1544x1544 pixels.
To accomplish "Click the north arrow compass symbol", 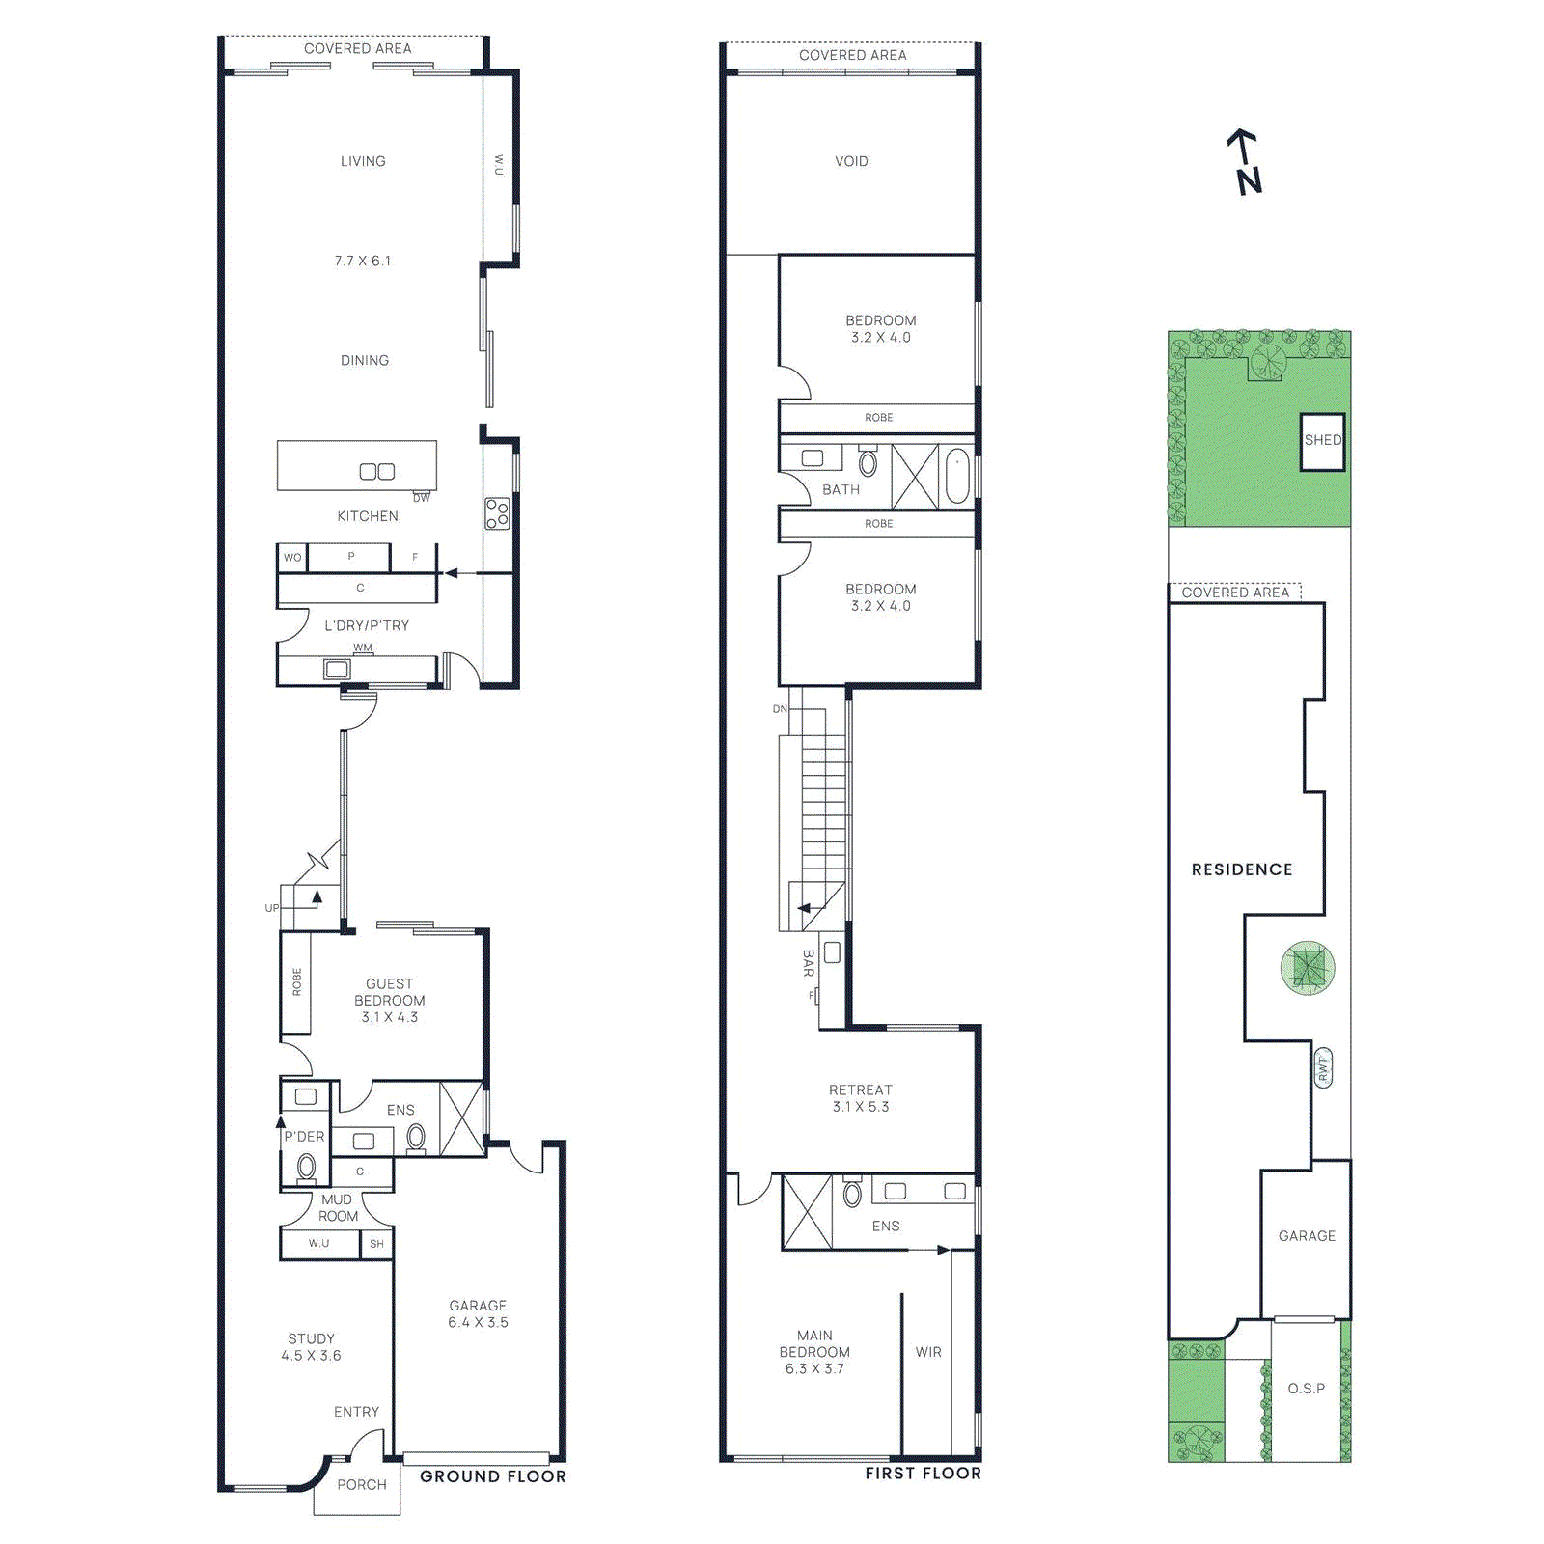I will click(x=1246, y=162).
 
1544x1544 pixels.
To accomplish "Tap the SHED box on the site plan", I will click(x=1322, y=441).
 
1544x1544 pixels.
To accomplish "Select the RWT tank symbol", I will click(x=1323, y=1067).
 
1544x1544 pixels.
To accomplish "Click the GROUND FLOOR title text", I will click(x=492, y=1476).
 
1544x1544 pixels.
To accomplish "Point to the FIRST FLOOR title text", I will click(x=923, y=1474).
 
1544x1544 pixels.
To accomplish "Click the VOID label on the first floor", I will click(x=851, y=161).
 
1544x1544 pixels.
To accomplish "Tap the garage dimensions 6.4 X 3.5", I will click(x=478, y=1322).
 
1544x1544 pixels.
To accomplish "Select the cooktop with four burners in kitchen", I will click(x=497, y=513).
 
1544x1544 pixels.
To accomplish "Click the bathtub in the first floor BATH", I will click(x=956, y=476).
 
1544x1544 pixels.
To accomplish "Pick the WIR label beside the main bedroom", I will click(x=928, y=1352).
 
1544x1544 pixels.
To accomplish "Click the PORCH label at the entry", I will click(x=361, y=1485).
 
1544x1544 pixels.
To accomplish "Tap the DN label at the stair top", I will click(x=780, y=709).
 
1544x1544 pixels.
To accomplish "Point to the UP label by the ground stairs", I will click(x=271, y=908).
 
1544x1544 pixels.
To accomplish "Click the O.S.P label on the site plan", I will click(x=1306, y=1389).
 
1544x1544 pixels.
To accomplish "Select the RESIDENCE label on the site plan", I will click(x=1241, y=869).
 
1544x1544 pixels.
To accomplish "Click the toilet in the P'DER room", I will click(x=306, y=1167).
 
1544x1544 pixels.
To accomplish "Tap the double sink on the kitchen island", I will click(x=376, y=471).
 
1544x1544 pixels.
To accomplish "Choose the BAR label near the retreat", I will click(x=809, y=963).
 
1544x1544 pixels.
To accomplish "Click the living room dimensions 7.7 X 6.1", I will click(x=363, y=261).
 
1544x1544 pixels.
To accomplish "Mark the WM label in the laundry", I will click(x=362, y=648).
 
